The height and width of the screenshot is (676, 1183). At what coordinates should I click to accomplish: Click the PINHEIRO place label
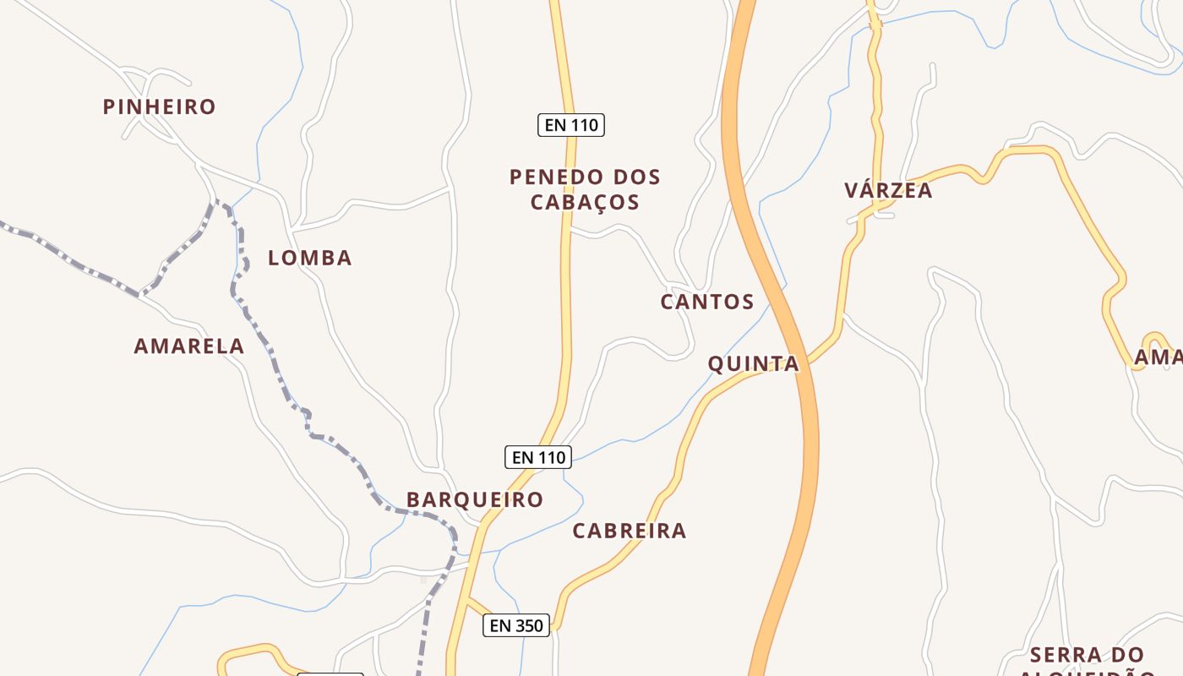click(159, 106)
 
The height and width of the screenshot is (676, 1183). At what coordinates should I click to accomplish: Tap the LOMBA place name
click(309, 258)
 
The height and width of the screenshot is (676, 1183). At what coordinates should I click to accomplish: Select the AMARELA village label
click(189, 346)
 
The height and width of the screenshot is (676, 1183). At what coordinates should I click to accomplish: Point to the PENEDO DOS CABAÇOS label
click(585, 189)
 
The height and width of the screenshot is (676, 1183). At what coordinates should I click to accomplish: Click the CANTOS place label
click(707, 302)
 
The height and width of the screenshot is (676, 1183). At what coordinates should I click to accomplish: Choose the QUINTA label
click(753, 363)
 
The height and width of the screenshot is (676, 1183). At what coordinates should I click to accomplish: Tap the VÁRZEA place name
click(888, 190)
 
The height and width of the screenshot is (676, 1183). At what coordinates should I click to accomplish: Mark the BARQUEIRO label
click(475, 499)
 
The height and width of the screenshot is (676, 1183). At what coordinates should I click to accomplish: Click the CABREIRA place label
click(630, 531)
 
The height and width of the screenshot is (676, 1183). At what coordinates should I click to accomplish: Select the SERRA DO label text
click(1087, 655)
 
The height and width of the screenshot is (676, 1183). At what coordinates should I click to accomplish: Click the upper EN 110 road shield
click(571, 125)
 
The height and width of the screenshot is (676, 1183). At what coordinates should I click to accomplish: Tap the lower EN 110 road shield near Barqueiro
click(538, 457)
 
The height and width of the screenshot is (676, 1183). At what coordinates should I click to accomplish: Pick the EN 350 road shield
click(516, 625)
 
